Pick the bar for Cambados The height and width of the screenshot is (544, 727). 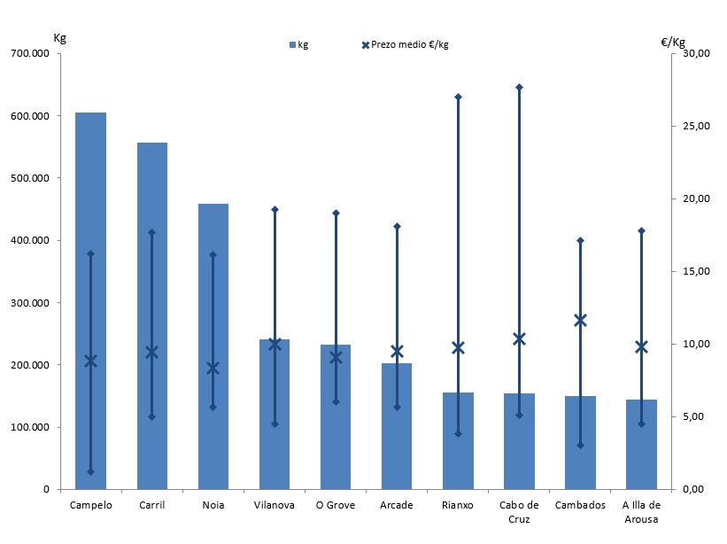[x=580, y=443]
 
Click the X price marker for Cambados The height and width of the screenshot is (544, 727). [x=580, y=320]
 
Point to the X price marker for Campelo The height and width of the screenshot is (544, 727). [x=90, y=361]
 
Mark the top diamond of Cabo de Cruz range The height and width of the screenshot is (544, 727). [x=519, y=87]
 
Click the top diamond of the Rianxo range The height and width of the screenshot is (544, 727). [x=458, y=97]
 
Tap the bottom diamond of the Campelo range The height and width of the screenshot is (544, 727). [x=90, y=472]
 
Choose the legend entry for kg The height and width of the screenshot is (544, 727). [x=298, y=44]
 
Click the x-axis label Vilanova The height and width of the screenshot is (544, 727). [x=275, y=506]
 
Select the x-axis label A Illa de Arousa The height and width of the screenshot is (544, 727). [x=641, y=512]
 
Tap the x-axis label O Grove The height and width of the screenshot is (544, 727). [x=336, y=506]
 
